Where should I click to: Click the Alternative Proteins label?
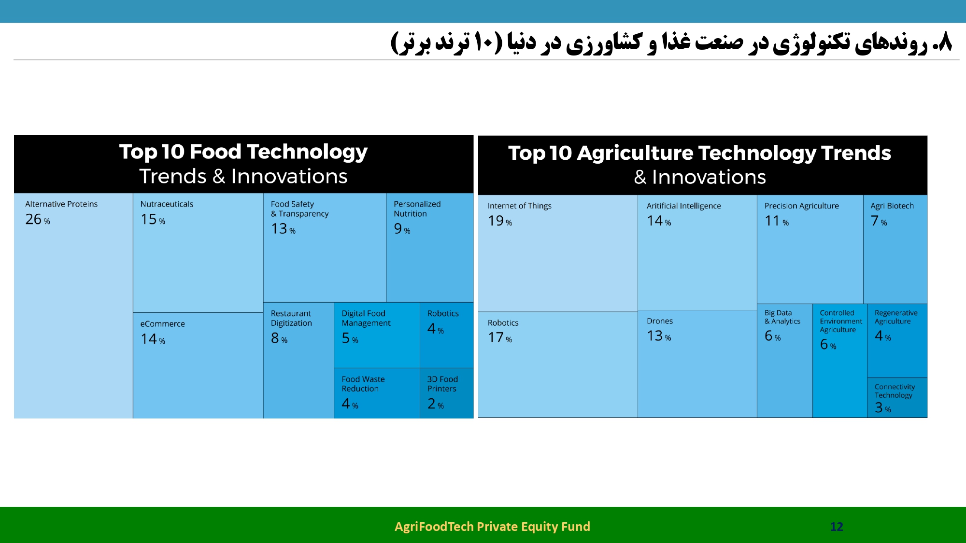pos(61,204)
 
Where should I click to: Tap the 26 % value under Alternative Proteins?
pos(38,219)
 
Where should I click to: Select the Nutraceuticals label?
pos(167,204)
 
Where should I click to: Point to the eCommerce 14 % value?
pos(153,339)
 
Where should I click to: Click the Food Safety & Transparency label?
pos(299,209)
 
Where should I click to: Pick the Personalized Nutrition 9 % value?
pos(402,229)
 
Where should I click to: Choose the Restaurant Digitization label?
pos(291,319)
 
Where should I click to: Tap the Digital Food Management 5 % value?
pos(350,338)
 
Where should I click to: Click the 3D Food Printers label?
pos(442,384)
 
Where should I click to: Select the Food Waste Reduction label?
pos(363,384)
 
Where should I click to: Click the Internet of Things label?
pos(519,206)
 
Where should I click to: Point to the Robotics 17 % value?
pos(500,337)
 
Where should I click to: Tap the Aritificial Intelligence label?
pos(683,206)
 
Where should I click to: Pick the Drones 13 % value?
pos(659,336)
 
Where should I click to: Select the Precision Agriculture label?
pos(801,206)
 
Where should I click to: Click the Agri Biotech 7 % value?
pos(879,221)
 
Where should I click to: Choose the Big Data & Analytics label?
pos(782,317)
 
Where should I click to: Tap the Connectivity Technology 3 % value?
pos(883,408)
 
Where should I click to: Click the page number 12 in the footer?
pos(837,527)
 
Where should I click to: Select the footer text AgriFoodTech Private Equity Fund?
pos(492,527)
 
